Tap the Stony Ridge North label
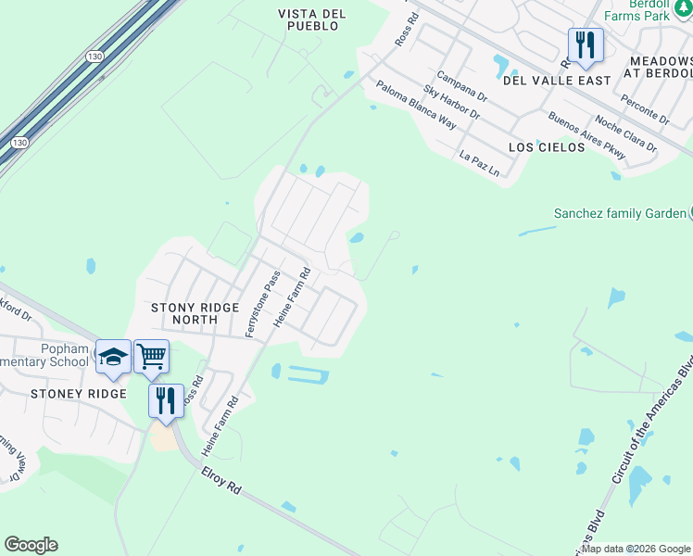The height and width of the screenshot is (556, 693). coord(195,313)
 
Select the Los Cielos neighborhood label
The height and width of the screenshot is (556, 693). coord(547,147)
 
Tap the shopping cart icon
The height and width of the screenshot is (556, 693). coord(151,356)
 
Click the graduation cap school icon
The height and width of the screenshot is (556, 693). coord(113,358)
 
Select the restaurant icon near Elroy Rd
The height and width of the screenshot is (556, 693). coord(165,401)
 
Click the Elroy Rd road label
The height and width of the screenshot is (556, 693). coord(221,484)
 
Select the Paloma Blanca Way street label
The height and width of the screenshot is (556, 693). coord(416,104)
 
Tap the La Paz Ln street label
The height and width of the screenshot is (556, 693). coord(479,163)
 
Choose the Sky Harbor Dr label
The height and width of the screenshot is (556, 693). coord(451,103)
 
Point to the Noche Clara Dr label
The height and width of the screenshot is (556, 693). coord(625,134)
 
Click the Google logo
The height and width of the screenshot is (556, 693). coord(31,545)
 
